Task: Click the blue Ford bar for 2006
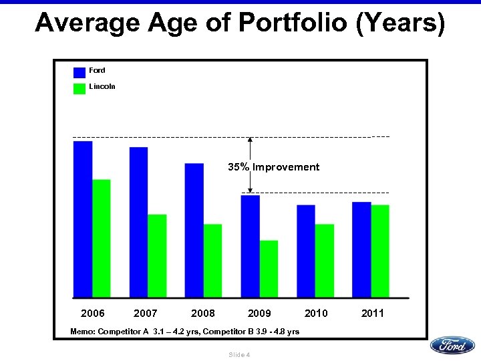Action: (83, 219)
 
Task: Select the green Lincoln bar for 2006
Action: (102, 239)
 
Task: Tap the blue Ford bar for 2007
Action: (139, 223)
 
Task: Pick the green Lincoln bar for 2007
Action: (157, 256)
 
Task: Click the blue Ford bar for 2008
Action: (194, 231)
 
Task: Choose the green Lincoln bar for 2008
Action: (212, 261)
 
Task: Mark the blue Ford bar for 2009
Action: (251, 247)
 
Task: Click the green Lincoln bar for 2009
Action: (269, 269)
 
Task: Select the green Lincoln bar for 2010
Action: (325, 261)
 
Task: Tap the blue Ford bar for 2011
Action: (361, 250)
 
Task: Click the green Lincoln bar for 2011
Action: (380, 251)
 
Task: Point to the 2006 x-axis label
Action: (93, 313)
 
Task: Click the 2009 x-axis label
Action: (259, 313)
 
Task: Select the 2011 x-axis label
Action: (372, 313)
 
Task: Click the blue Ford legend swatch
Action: (79, 72)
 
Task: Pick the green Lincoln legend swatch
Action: (79, 88)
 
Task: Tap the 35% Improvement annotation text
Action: (274, 167)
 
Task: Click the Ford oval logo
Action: (452, 345)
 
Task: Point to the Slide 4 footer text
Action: (239, 354)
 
